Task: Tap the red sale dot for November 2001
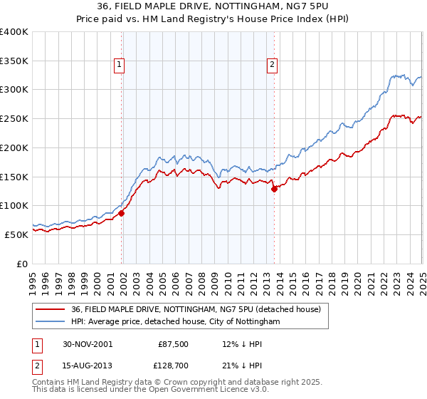122,212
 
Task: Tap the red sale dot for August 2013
274,189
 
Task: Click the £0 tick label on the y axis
22,263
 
